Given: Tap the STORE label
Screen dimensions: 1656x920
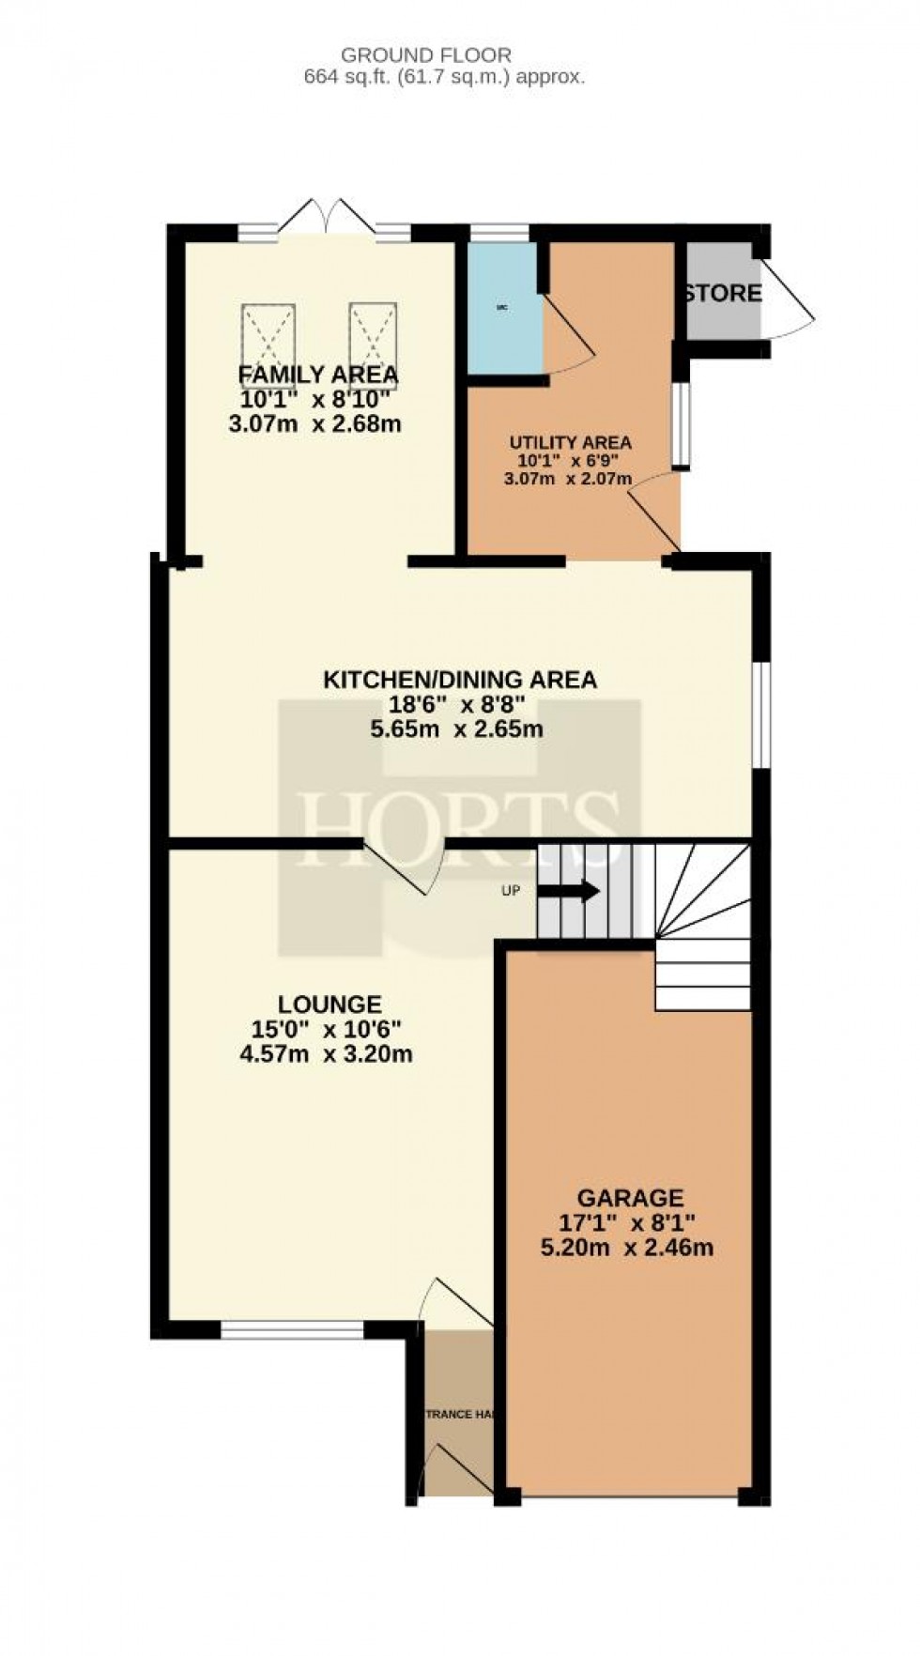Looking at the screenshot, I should (x=722, y=293).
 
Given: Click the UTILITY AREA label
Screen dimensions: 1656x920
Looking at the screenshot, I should (x=570, y=442).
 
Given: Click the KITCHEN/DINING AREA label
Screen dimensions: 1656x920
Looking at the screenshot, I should (x=460, y=680).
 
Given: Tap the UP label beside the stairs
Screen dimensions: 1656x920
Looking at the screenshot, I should (x=511, y=891).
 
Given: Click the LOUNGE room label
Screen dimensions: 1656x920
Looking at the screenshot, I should (x=330, y=1004).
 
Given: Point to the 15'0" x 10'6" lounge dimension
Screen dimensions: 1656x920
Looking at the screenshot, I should (x=327, y=1029).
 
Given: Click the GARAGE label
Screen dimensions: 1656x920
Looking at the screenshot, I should (x=629, y=1198).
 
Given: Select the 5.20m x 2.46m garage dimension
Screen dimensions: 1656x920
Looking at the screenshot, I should (x=627, y=1249).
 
